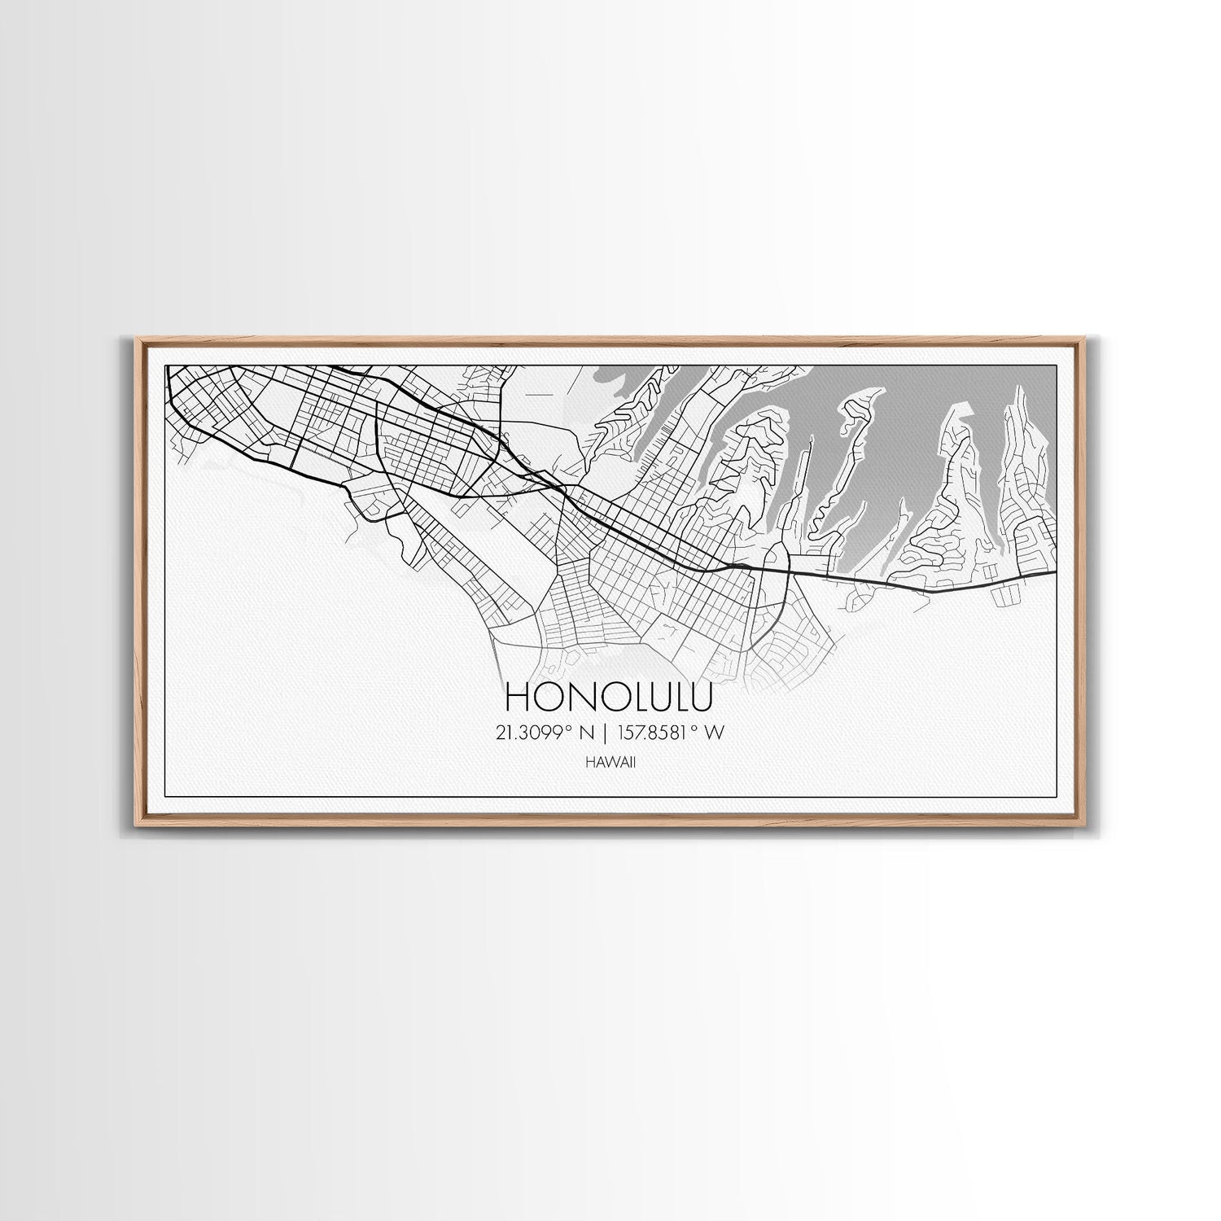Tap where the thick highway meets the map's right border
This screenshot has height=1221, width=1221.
coord(1056,571)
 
